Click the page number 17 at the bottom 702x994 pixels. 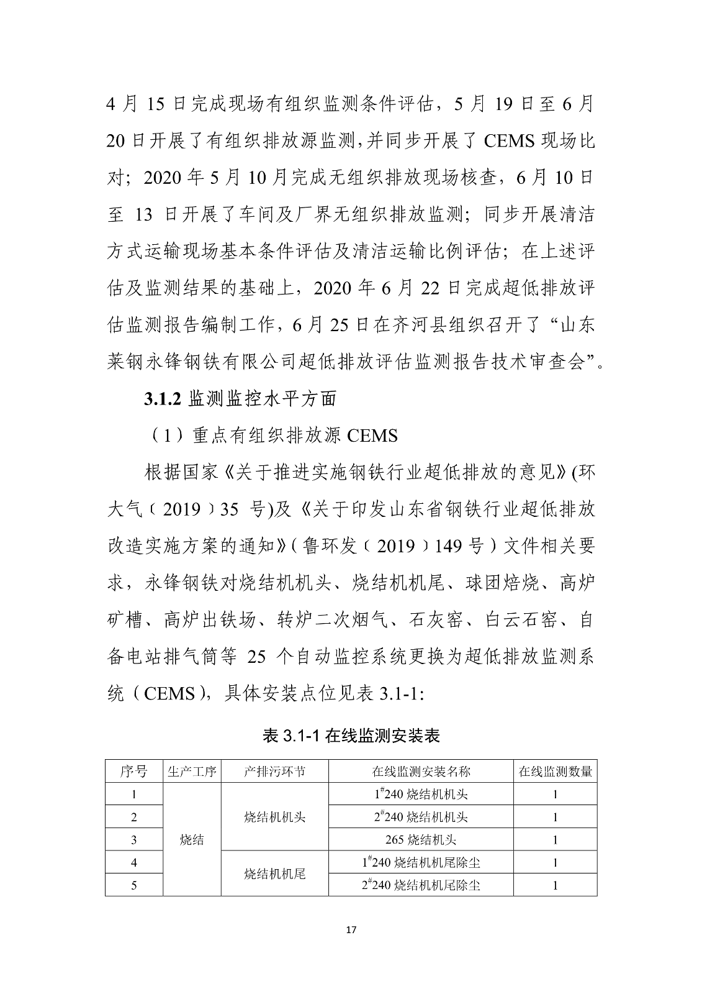coord(351,930)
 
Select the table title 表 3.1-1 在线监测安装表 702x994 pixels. coord(351,736)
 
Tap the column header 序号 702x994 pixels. coord(134,772)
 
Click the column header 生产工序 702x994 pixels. coord(192,772)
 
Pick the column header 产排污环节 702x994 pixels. coord(274,772)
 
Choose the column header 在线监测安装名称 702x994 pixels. coord(421,772)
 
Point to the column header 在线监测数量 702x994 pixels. coord(556,772)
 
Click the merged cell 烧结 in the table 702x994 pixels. coord(192,840)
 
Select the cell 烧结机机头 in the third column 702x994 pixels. coord(274,817)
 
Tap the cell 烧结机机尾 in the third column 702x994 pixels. coord(274,874)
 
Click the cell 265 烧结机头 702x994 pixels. coord(421,840)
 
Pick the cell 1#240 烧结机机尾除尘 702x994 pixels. coord(421,862)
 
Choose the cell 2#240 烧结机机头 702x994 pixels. coord(421,817)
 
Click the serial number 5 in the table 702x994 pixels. coord(134,885)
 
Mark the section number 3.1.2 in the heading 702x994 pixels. coord(162,399)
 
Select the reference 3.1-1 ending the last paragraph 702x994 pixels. coord(398,693)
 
